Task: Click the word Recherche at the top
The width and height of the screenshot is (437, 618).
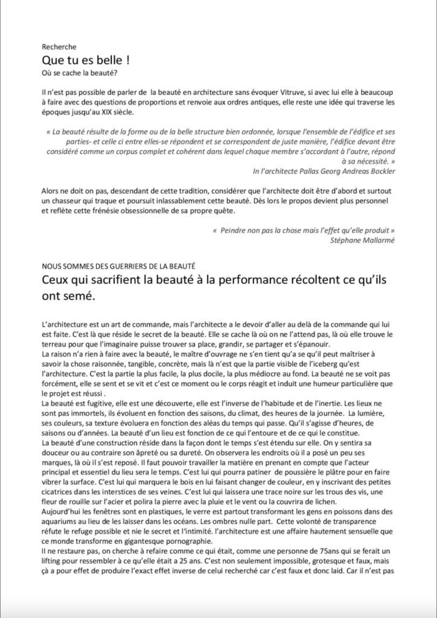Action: click(x=59, y=47)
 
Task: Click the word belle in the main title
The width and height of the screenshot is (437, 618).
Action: click(x=108, y=60)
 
